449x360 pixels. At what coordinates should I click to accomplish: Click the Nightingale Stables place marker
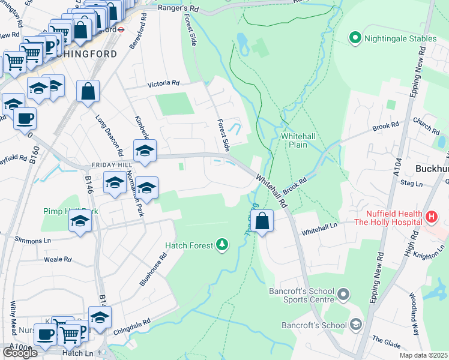[x=355, y=38]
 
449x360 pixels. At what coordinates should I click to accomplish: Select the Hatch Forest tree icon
[x=223, y=244]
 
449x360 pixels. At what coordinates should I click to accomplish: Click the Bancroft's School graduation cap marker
[x=356, y=326]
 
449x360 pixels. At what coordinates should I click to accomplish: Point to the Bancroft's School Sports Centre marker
[x=343, y=295]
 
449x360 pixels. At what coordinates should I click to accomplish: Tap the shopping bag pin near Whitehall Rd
[x=263, y=221]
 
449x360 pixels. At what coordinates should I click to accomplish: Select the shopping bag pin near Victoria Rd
[x=88, y=92]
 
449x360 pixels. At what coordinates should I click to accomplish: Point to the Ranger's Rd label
[x=178, y=8]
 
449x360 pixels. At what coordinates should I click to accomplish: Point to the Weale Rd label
[x=58, y=260]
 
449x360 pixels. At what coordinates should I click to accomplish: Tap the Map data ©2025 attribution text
[x=423, y=355]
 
